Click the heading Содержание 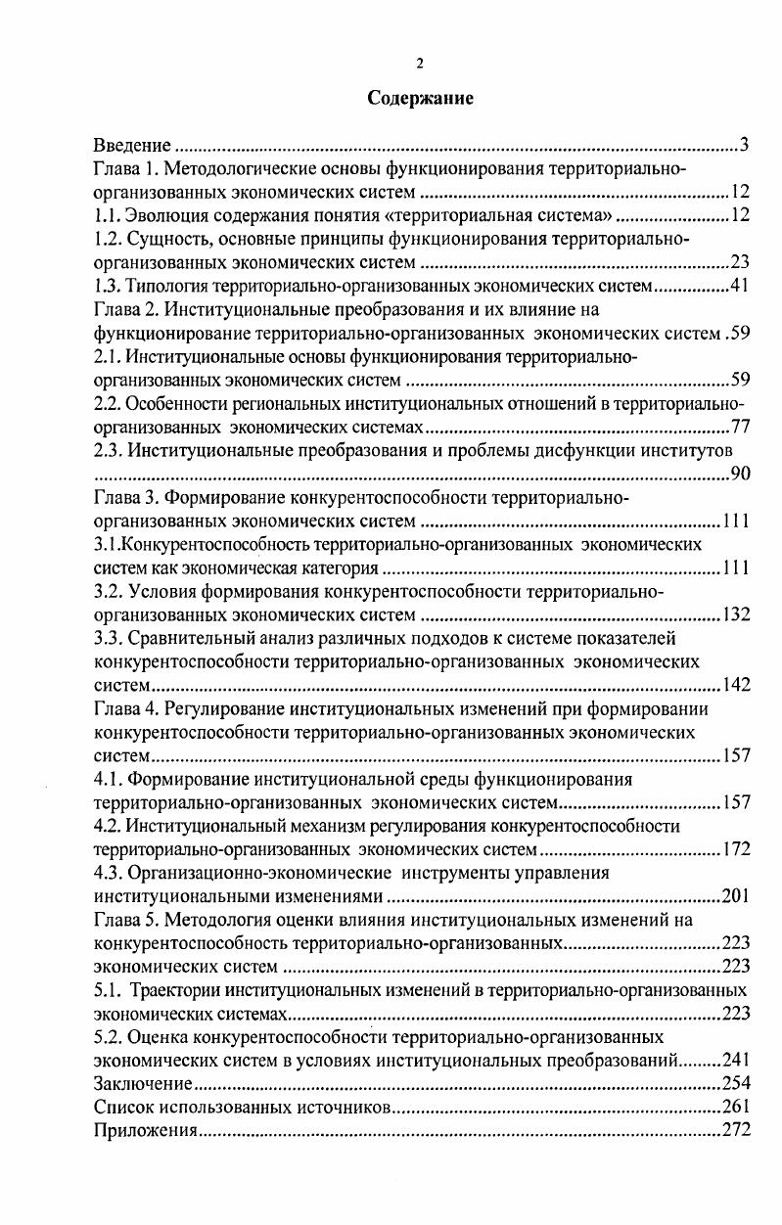[x=420, y=98]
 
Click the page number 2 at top [x=420, y=64]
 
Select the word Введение [x=133, y=146]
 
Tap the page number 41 [x=740, y=286]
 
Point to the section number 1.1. [x=107, y=215]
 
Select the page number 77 [x=740, y=427]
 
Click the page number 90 [x=740, y=475]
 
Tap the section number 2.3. [x=107, y=450]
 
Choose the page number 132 [x=735, y=614]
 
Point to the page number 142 [x=735, y=685]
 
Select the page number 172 [x=735, y=849]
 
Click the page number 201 [x=735, y=896]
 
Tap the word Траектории [x=182, y=990]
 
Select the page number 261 [x=735, y=1108]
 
